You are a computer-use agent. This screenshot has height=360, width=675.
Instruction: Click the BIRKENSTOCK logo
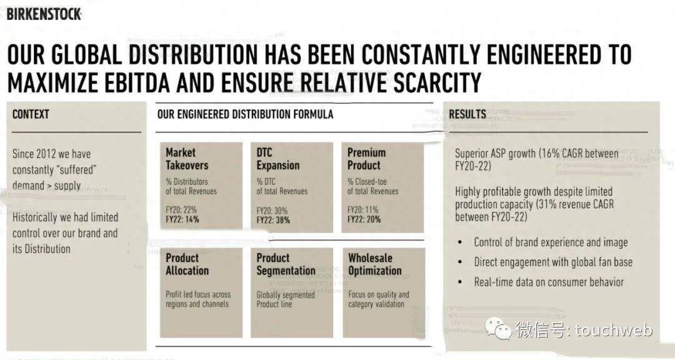(44, 13)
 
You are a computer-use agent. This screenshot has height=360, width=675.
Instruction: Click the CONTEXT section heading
(31, 114)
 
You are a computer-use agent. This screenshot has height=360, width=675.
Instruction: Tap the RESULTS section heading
(467, 114)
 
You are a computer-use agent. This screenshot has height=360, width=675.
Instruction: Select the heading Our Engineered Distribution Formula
(245, 114)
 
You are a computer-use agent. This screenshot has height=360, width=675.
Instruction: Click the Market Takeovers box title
(187, 159)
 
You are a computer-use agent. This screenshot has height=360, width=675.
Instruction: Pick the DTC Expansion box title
(277, 159)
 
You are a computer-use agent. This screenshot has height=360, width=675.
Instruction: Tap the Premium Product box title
(366, 159)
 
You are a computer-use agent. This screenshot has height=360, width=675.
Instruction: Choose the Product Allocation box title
(187, 264)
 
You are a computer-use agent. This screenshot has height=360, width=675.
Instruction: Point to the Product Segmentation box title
(286, 264)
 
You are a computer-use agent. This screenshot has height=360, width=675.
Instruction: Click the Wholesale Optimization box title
(374, 264)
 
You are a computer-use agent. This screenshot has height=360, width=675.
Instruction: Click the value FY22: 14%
(183, 220)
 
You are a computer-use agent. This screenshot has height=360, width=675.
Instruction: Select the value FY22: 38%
(273, 220)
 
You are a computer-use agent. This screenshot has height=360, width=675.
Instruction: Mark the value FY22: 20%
(364, 220)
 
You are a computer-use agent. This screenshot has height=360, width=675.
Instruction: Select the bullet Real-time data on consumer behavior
(548, 282)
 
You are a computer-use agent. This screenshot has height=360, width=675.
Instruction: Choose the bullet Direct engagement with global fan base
(552, 262)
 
